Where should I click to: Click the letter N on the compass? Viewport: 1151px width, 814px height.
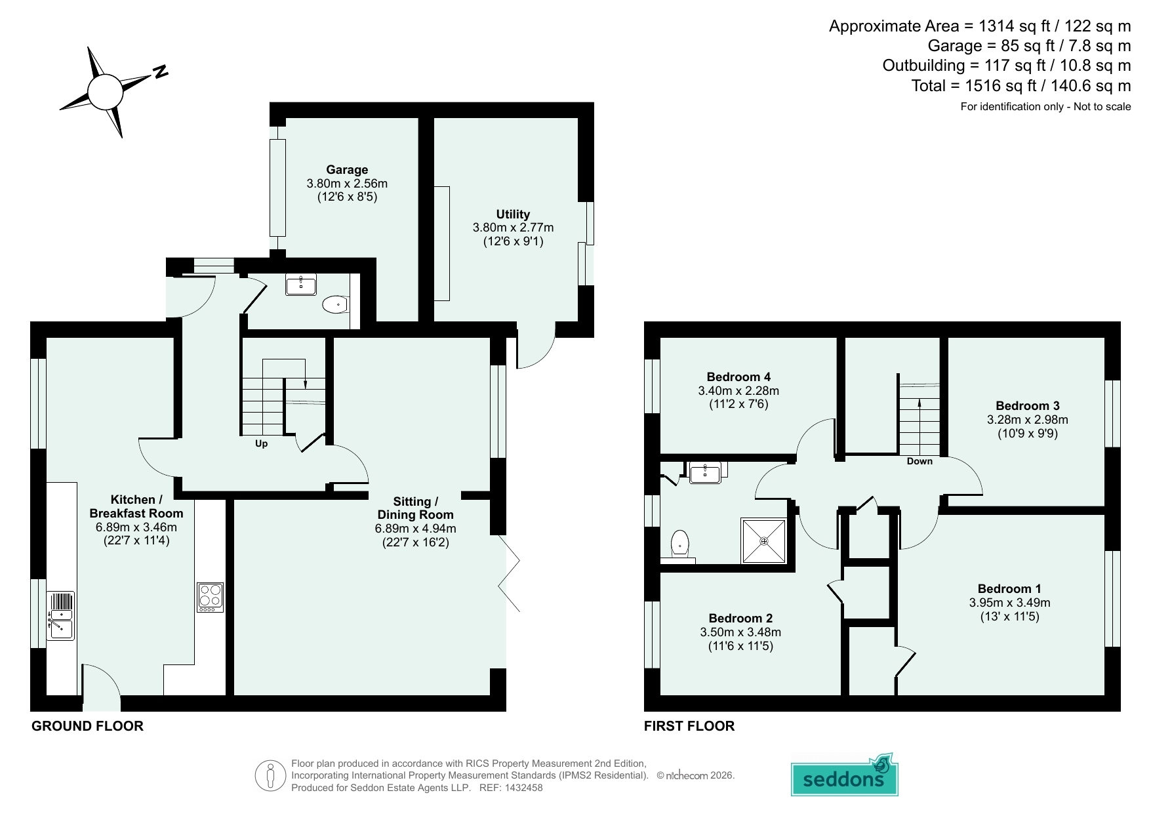click(x=160, y=71)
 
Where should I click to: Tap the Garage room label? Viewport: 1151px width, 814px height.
click(x=347, y=170)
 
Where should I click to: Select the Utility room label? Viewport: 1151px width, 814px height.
click(x=513, y=214)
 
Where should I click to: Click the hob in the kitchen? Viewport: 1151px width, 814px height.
click(x=210, y=598)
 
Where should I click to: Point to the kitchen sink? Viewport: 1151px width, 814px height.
click(x=60, y=616)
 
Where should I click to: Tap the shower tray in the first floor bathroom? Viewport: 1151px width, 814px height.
click(x=763, y=541)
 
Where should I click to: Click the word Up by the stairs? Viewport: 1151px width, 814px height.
click(x=261, y=444)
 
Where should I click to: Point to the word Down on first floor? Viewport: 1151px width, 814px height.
click(x=919, y=461)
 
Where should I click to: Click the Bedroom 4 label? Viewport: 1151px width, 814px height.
click(x=738, y=376)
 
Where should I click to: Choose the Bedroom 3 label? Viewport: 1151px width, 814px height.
click(x=1028, y=405)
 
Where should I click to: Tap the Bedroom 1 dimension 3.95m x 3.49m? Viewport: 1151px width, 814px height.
click(x=1010, y=602)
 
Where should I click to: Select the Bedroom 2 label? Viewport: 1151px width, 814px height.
click(x=740, y=618)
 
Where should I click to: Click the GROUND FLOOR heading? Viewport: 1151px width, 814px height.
click(x=87, y=726)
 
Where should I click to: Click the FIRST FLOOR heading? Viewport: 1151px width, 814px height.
click(x=689, y=726)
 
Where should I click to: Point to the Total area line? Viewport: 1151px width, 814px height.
click(x=1021, y=85)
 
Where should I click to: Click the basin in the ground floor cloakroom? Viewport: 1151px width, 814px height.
click(x=301, y=285)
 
